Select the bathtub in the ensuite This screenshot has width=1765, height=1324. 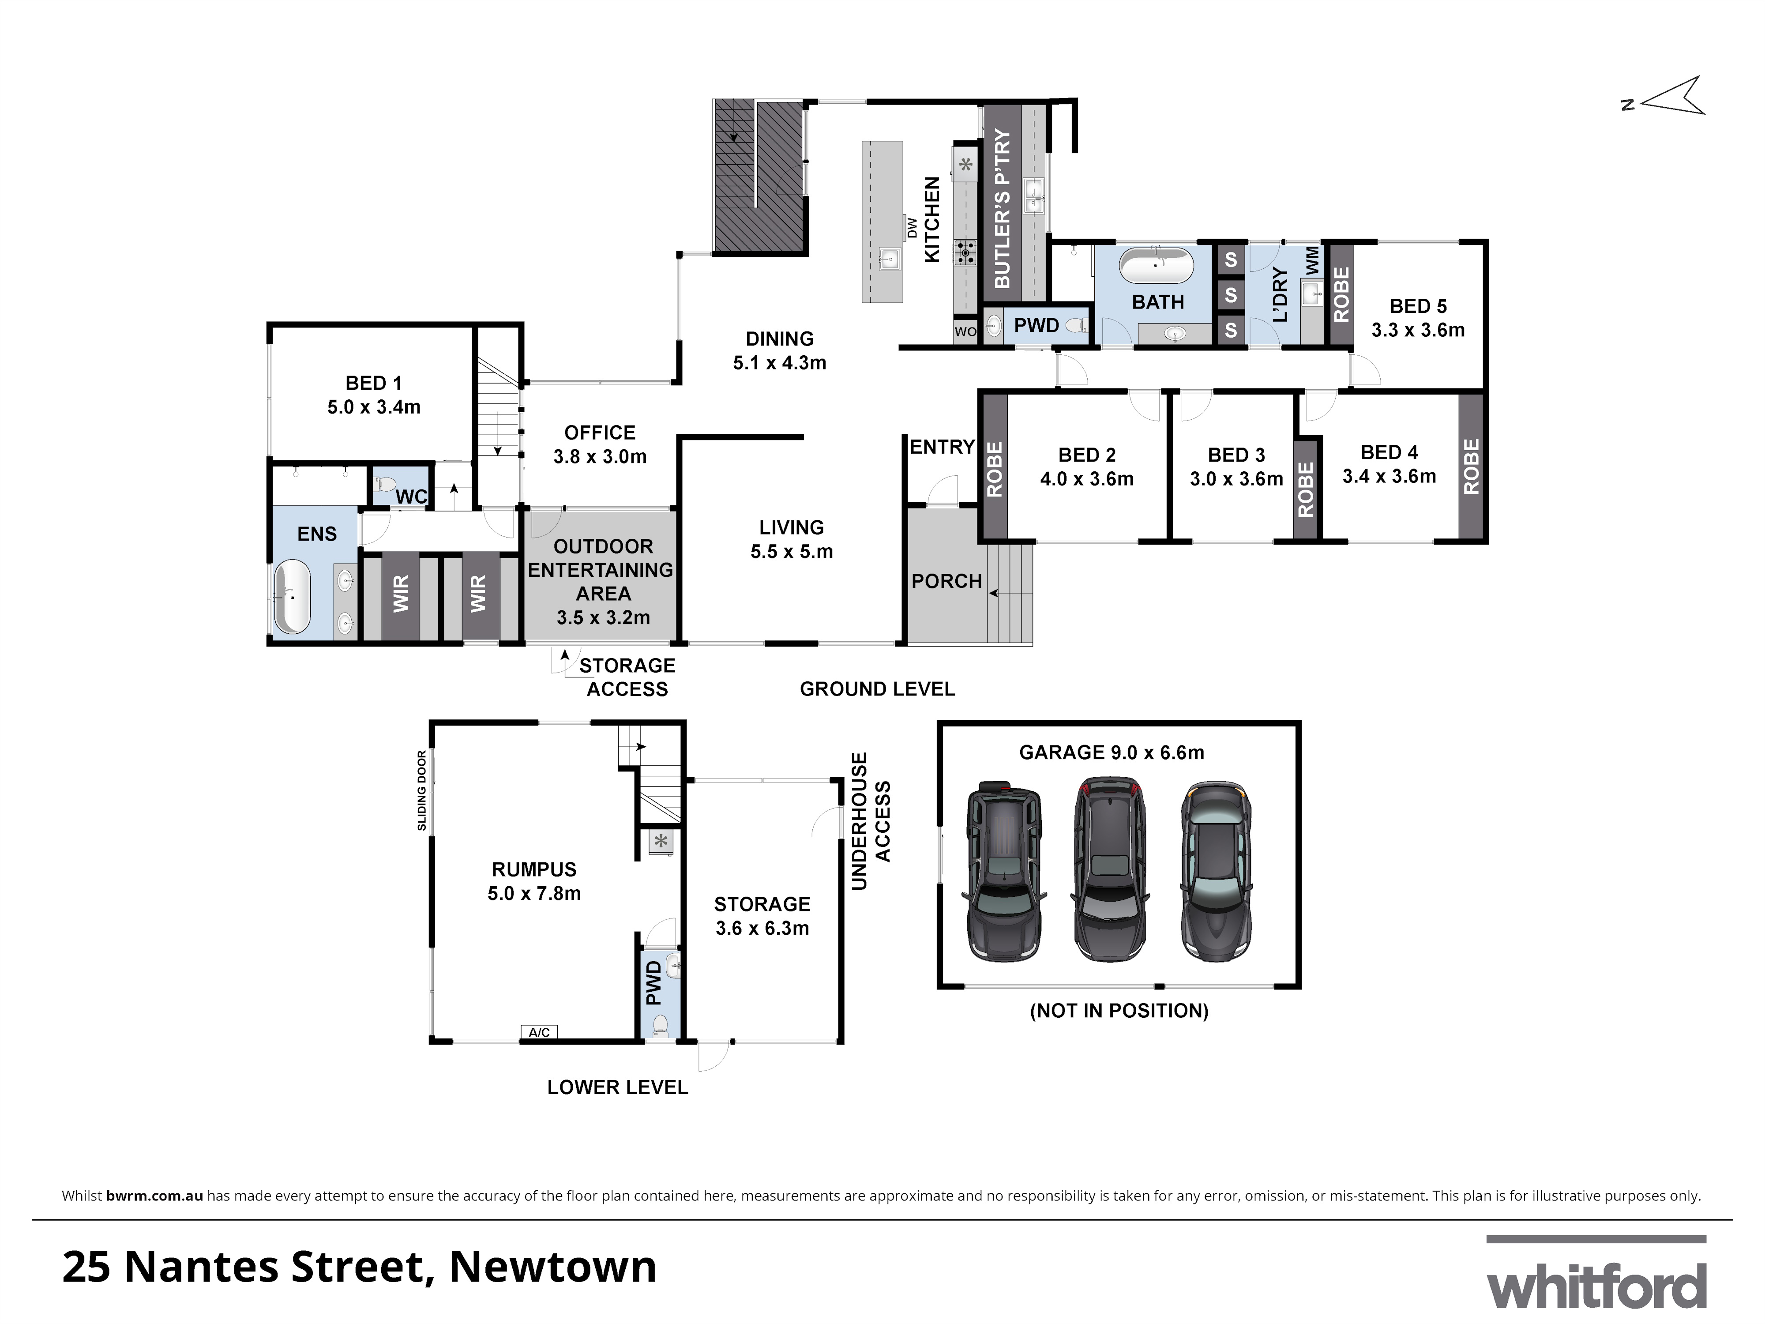(292, 597)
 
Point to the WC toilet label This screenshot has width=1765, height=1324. (411, 496)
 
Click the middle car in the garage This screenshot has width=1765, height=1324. (1109, 872)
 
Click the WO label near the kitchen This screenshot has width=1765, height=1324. (965, 331)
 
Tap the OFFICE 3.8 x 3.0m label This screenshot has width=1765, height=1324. (600, 444)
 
